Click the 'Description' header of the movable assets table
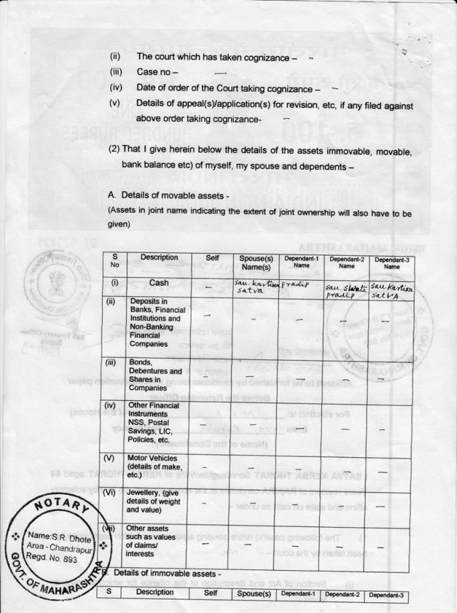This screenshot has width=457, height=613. coord(159,258)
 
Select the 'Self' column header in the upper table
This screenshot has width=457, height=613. coord(211,258)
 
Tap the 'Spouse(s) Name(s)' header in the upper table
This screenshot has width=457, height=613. coord(255,262)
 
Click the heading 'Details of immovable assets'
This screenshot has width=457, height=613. coord(167,574)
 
